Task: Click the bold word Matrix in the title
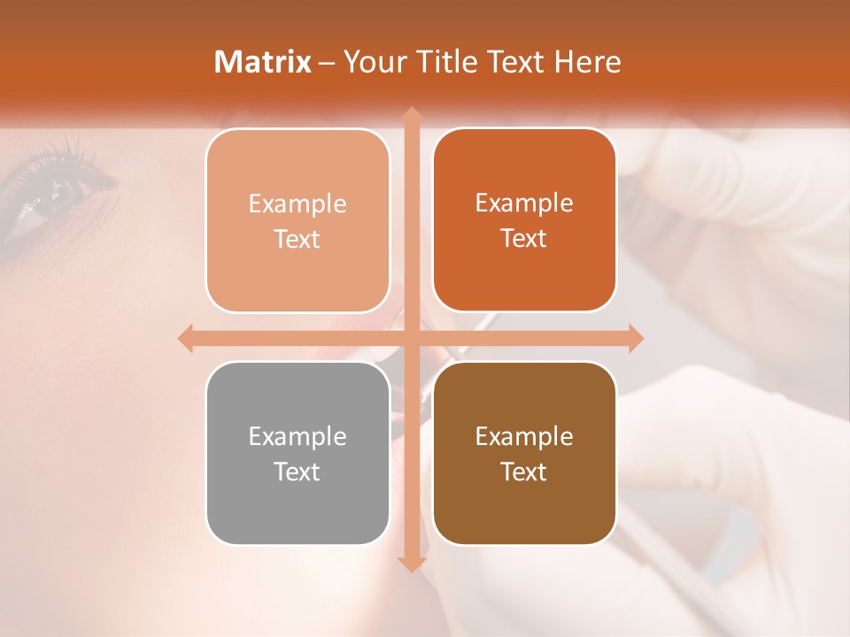point(263,62)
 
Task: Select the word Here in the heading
point(587,62)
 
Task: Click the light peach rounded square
point(297,220)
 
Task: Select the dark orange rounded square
point(524,219)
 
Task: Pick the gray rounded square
point(297,453)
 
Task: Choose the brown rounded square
point(524,453)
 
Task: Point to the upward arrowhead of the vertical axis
point(411,114)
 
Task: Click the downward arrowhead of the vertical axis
point(411,564)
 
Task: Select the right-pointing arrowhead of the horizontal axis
point(635,339)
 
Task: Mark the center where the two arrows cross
point(411,339)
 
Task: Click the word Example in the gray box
point(297,436)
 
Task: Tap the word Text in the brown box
point(524,472)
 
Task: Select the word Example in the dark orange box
point(524,203)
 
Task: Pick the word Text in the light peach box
point(297,239)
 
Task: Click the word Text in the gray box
point(297,472)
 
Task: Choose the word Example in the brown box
point(524,436)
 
